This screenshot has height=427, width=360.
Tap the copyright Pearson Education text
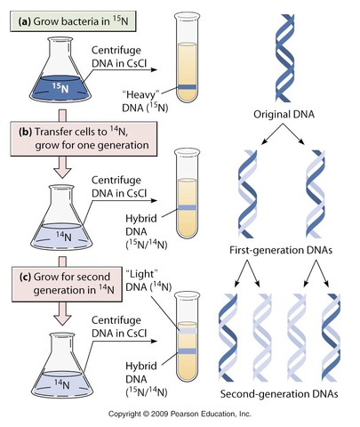pyautogui.click(x=179, y=415)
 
